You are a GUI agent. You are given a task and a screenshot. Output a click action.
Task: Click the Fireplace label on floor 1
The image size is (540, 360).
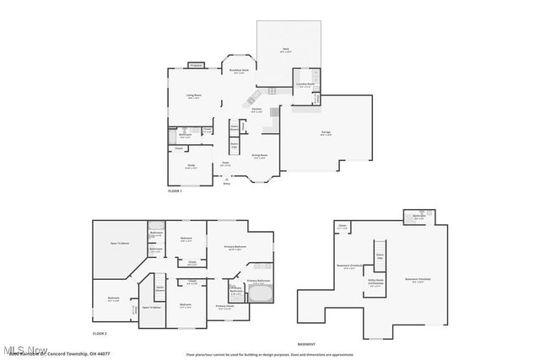pyautogui.click(x=197, y=65)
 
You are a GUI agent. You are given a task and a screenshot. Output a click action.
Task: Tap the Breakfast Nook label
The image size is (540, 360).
pyautogui.click(x=239, y=72)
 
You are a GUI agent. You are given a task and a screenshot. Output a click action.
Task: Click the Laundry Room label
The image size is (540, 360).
pyautogui.click(x=305, y=85)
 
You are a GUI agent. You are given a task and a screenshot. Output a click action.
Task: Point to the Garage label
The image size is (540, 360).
pyautogui.click(x=326, y=134)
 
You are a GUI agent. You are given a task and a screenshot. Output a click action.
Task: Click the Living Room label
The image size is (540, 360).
pyautogui.click(x=193, y=96)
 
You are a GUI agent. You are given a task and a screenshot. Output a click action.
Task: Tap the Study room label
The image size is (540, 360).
pyautogui.click(x=192, y=165)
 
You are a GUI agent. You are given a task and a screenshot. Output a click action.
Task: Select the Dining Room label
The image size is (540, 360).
pyautogui.click(x=260, y=156)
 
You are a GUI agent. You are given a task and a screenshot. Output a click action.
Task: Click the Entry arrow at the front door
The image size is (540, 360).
pyautogui.click(x=225, y=179)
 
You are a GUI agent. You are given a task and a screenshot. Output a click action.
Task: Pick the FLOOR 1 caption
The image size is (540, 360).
pyautogui.click(x=175, y=192)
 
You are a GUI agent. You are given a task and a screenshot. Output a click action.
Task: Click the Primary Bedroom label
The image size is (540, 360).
pyautogui.click(x=235, y=247)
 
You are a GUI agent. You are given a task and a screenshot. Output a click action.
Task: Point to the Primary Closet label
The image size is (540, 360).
pyautogui.click(x=226, y=308)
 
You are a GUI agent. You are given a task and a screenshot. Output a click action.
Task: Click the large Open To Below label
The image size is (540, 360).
pyautogui.click(x=119, y=243)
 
